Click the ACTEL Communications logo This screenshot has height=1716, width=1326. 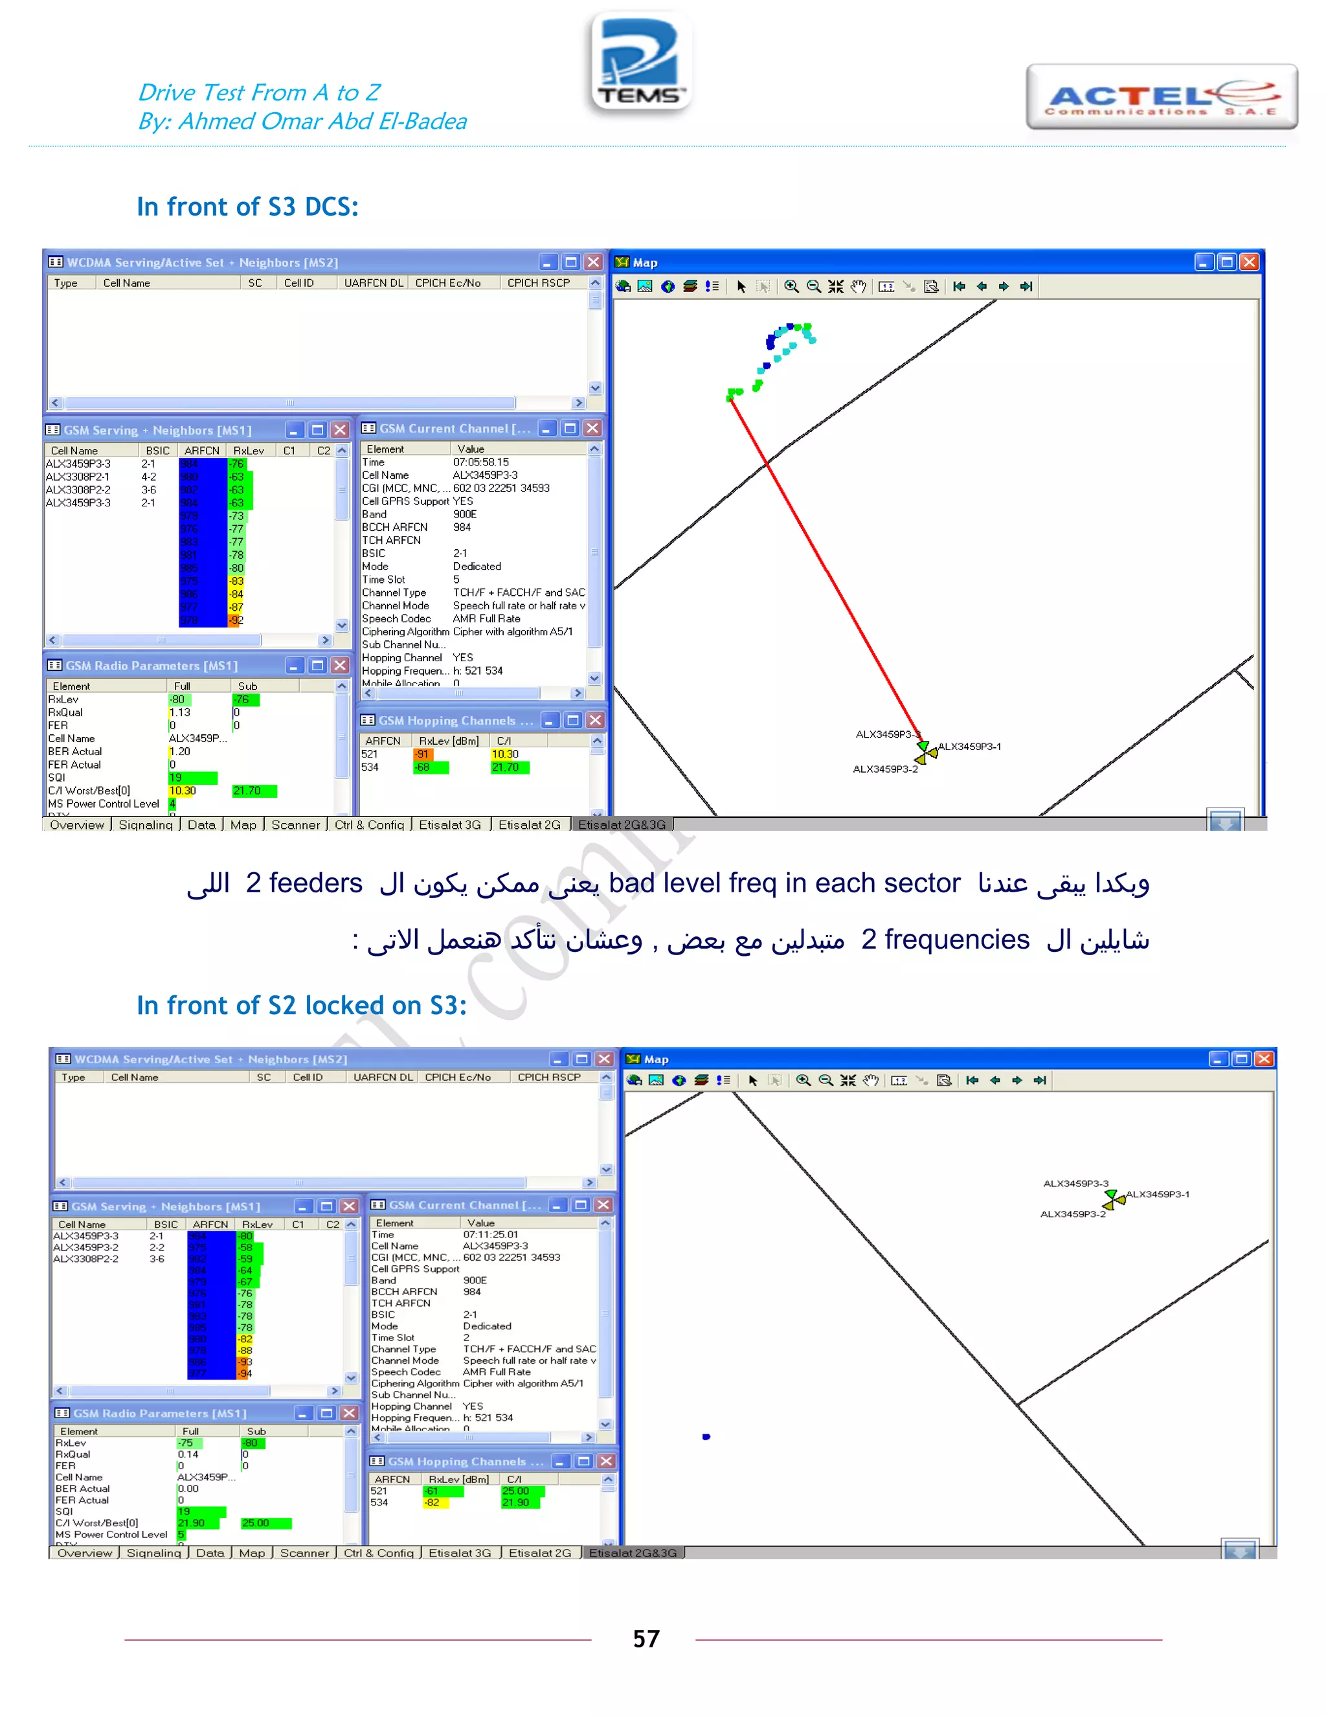click(1161, 97)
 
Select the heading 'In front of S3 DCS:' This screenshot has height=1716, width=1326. click(247, 207)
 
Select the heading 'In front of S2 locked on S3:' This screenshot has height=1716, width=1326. click(302, 1006)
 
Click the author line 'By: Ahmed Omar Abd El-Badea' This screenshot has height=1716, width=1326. click(302, 122)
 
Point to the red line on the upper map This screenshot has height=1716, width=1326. click(825, 566)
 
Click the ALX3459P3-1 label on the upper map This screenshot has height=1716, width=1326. click(970, 747)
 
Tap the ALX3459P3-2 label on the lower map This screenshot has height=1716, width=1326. click(1072, 1214)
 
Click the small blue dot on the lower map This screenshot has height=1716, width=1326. click(706, 1436)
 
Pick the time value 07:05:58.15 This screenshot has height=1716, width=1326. click(481, 462)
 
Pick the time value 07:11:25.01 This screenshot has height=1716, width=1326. click(490, 1234)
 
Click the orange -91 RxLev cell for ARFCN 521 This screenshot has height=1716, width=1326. click(423, 754)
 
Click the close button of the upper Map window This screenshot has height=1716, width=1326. click(1249, 262)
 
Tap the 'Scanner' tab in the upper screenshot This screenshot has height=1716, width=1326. click(295, 825)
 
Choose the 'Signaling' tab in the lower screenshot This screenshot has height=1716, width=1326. click(153, 1553)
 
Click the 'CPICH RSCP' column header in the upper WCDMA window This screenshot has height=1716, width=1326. click(539, 283)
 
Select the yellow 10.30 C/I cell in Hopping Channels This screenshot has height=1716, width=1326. click(505, 754)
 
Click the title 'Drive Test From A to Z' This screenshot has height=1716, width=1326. click(259, 93)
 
